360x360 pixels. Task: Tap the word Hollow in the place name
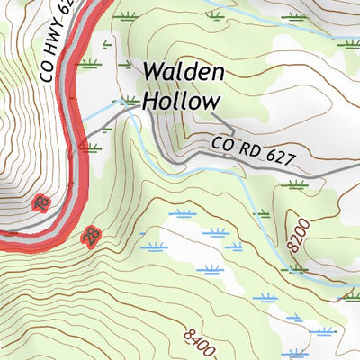[x=180, y=101]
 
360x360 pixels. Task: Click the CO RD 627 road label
[x=255, y=151]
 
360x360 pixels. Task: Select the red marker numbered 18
[x=40, y=204]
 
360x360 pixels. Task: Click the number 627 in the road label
[x=280, y=157]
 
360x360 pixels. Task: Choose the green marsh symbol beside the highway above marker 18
[x=88, y=145]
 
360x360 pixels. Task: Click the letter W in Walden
[x=152, y=72]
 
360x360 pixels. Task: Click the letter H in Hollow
[x=149, y=101]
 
